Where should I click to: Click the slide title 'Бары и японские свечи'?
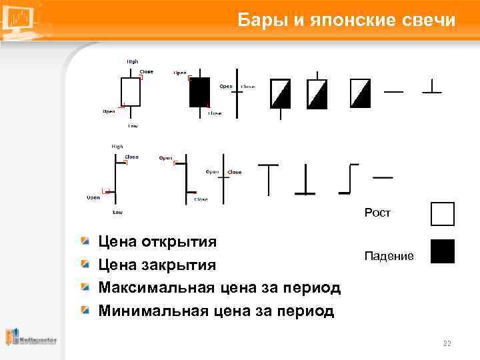(347, 21)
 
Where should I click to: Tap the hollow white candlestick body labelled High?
(131, 91)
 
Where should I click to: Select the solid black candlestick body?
(199, 93)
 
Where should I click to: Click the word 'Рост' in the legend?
(377, 213)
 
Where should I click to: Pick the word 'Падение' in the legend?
(389, 256)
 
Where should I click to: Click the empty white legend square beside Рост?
(442, 214)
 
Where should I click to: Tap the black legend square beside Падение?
(442, 251)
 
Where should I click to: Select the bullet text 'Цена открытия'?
(157, 241)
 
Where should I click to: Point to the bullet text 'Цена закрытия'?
(157, 265)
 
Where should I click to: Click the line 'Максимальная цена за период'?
(219, 288)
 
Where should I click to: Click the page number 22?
(447, 343)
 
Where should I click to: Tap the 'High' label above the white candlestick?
(133, 61)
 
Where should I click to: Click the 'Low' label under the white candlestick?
(133, 125)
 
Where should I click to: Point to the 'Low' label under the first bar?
(117, 213)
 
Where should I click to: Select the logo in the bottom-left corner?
(31, 338)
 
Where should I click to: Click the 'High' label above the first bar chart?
(117, 146)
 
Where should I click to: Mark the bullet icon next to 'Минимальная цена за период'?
(85, 310)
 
